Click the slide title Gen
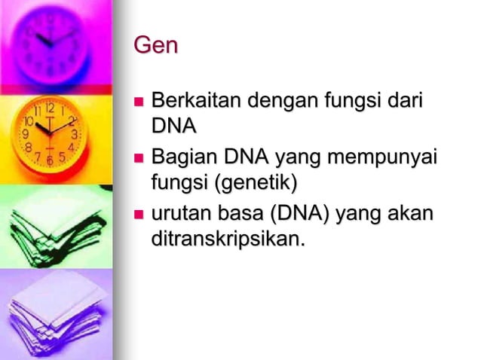(155, 46)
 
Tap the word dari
(403, 100)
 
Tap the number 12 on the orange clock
(49, 108)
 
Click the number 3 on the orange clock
(74, 133)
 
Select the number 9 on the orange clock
(26, 134)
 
